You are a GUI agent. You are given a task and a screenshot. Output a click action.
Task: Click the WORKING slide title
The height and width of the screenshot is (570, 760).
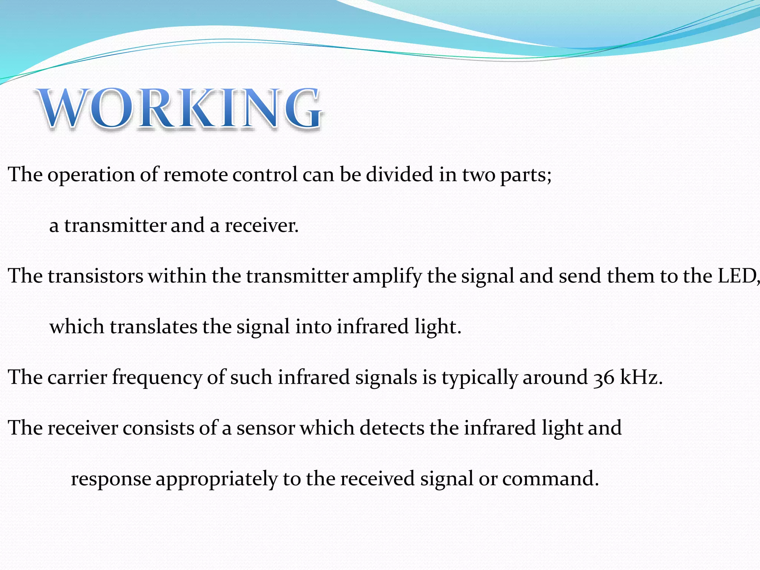(x=180, y=108)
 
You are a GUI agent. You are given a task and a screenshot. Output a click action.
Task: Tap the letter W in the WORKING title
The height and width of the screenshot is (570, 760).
(x=63, y=108)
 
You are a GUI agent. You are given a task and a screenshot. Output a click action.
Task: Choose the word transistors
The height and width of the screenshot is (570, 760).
(x=95, y=276)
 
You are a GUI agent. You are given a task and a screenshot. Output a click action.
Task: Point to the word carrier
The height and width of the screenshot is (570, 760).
(x=78, y=377)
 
